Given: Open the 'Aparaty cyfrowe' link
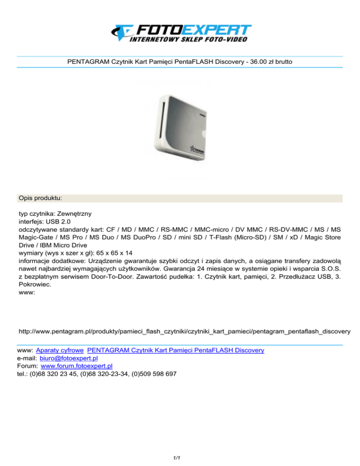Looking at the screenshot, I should pyautogui.click(x=60, y=350).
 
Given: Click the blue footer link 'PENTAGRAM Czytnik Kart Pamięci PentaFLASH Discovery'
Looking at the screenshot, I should pyautogui.click(x=176, y=350).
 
